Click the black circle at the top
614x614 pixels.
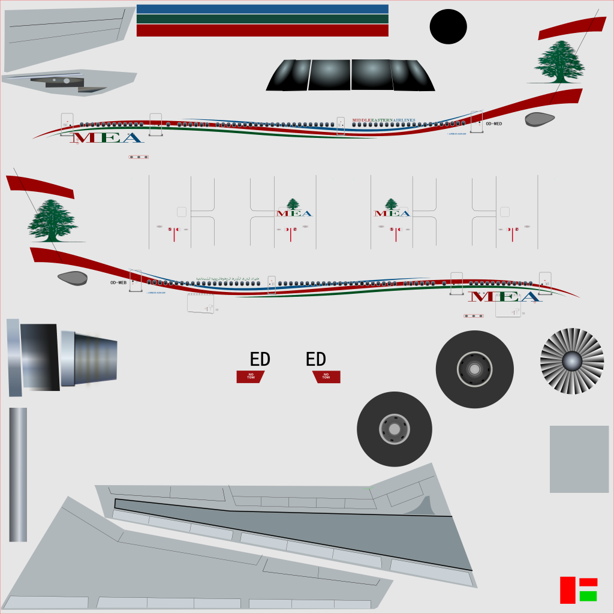[448, 27]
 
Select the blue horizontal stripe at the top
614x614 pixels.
[262, 9]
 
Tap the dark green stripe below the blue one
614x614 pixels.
[262, 19]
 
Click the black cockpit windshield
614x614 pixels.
[350, 75]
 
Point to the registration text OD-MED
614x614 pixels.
[493, 124]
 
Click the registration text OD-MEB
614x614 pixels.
[118, 282]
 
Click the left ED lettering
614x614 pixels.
[260, 360]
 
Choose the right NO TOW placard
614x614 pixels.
[326, 377]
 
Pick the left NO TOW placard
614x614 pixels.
[251, 377]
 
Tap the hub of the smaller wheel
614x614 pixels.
[394, 429]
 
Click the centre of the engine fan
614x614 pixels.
[571, 361]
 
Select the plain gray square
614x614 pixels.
[579, 459]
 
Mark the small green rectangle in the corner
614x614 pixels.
[588, 596]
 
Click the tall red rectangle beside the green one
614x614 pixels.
[567, 590]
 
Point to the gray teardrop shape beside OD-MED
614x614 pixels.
[540, 119]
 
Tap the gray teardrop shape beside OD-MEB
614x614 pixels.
[73, 278]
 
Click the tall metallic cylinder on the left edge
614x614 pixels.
[18, 474]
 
